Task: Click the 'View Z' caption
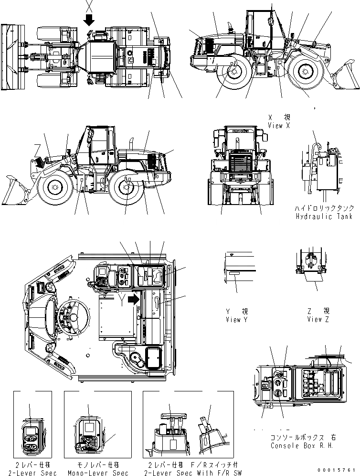point(318,319)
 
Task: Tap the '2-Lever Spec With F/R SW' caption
point(189,473)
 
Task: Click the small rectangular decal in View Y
point(234,274)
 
